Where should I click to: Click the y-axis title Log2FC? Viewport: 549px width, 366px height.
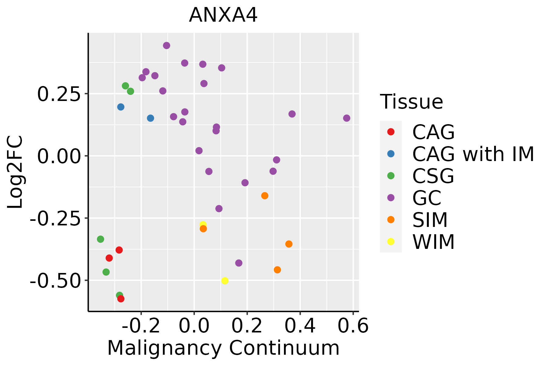15,172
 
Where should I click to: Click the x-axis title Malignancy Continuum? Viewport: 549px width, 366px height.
223,348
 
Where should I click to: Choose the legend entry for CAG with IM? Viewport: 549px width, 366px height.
473,154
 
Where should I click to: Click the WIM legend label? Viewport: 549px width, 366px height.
433,242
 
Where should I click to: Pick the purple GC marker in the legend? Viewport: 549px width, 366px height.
391,198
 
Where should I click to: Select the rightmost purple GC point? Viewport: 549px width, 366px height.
346,118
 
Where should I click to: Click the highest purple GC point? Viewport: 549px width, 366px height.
167,45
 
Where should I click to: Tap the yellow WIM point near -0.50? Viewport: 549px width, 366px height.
225,281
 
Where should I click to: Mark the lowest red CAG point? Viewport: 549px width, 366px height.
121,299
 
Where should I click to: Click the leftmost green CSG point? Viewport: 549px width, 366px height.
100,239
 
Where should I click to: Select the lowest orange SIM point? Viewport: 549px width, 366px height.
277,270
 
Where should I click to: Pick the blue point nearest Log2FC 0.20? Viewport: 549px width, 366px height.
121,107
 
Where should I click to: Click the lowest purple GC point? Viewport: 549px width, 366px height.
239,263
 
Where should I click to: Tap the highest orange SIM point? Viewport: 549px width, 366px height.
265,196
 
